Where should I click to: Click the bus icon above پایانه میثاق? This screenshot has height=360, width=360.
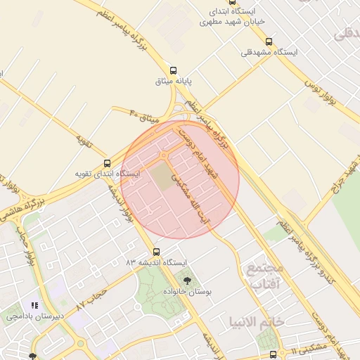tap(173, 70)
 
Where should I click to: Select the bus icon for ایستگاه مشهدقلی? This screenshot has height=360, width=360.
tap(269, 41)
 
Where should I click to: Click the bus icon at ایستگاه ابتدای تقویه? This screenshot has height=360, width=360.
tap(107, 162)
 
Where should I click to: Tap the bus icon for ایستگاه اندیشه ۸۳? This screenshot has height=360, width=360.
tap(156, 251)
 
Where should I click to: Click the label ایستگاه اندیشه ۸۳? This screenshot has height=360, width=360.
tap(157, 262)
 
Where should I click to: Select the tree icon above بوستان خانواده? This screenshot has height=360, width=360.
tap(186, 281)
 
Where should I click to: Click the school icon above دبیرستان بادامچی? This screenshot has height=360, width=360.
tap(34, 305)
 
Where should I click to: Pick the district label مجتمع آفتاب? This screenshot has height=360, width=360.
tap(264, 276)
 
